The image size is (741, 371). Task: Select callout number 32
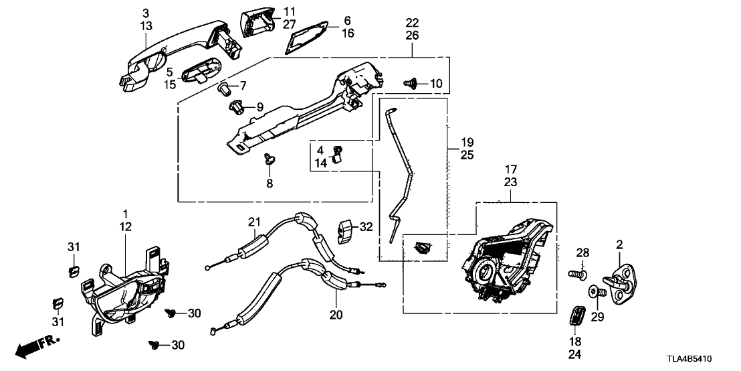(x=365, y=227)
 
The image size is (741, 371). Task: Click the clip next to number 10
(x=411, y=83)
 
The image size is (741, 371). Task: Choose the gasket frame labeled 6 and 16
(x=308, y=35)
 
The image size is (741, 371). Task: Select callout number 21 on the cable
(x=253, y=222)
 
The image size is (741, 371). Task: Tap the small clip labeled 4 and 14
(x=338, y=153)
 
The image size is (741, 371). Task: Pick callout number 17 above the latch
(x=510, y=169)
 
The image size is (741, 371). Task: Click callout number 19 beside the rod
(x=467, y=143)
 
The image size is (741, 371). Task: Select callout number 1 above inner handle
(x=124, y=214)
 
